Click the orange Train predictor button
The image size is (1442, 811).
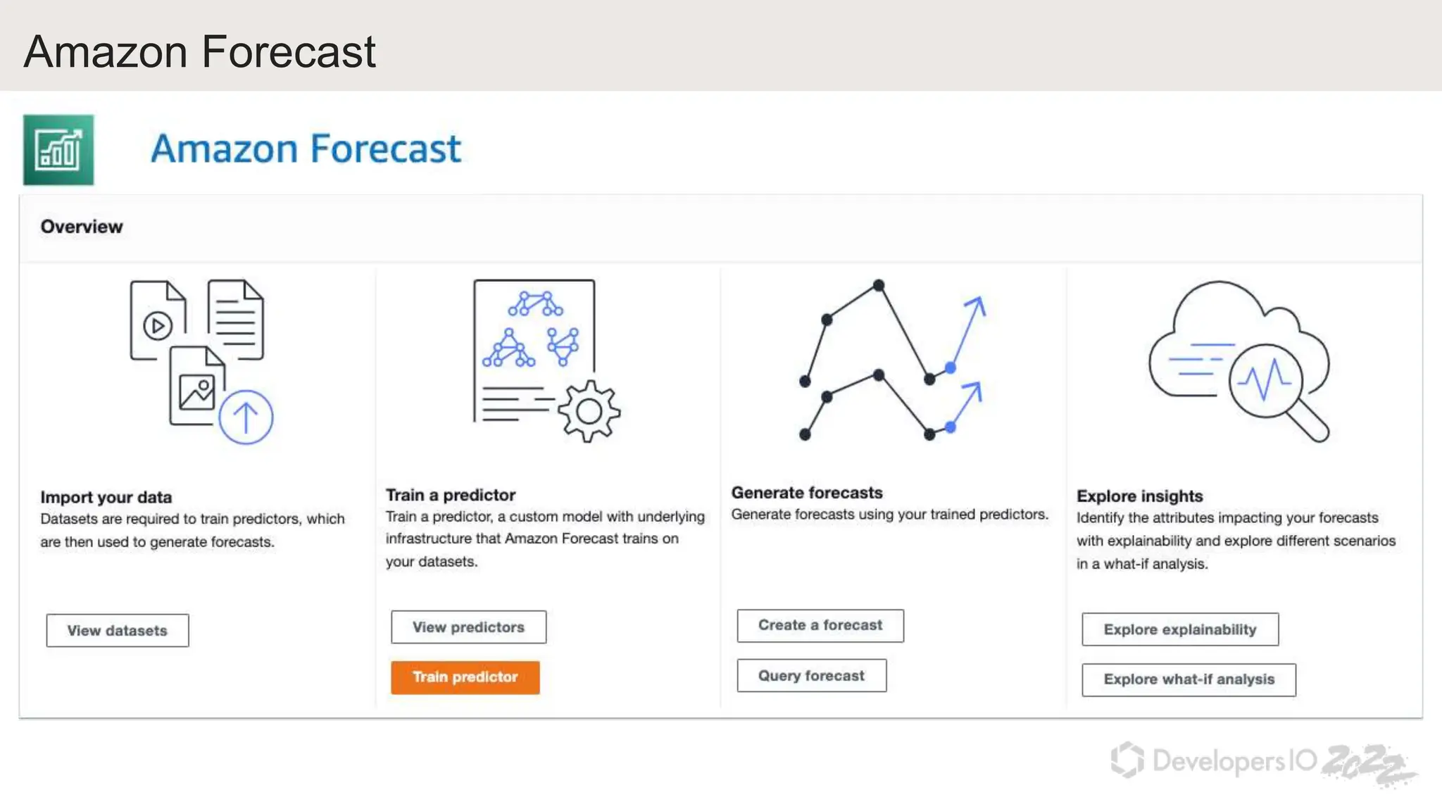465,677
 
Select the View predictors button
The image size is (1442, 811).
468,627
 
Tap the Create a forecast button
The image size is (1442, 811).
820,625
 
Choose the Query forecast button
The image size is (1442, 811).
811,676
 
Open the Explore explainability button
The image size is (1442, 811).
1179,629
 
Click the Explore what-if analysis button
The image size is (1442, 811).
1189,679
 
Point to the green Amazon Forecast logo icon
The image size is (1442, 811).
58,150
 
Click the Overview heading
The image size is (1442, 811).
82,227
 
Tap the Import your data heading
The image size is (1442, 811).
106,497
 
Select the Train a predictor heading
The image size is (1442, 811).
451,495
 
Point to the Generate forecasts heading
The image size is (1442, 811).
806,493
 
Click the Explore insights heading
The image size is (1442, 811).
1139,496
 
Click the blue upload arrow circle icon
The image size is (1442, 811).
246,417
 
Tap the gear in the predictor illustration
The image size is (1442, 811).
589,411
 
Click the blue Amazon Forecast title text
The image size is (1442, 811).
306,149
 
